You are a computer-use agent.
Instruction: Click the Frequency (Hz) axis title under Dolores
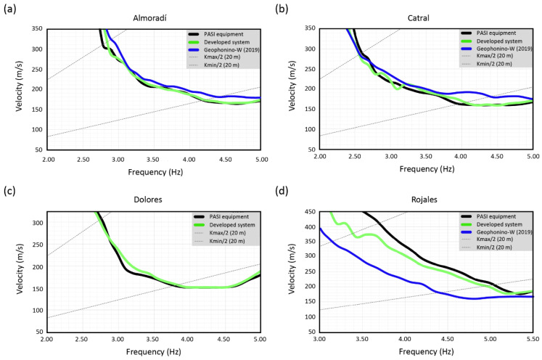tap(155, 352)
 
